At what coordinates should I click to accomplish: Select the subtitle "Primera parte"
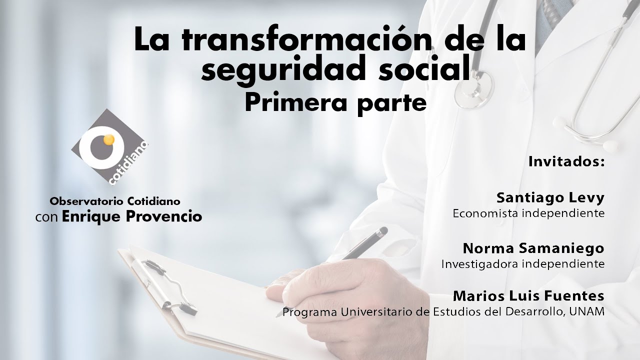pyautogui.click(x=335, y=104)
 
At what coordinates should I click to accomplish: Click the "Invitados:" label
pyautogui.click(x=566, y=161)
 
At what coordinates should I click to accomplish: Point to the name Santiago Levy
pyautogui.click(x=550, y=199)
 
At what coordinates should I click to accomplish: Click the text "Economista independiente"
pyautogui.click(x=528, y=213)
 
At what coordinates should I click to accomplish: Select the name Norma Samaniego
pyautogui.click(x=533, y=248)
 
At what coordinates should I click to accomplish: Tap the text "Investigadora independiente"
pyautogui.click(x=523, y=264)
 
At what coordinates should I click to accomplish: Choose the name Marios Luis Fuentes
pyautogui.click(x=528, y=296)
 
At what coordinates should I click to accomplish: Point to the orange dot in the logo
pyautogui.click(x=108, y=139)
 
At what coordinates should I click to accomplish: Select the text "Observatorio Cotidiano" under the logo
pyautogui.click(x=115, y=201)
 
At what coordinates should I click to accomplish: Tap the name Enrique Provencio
pyautogui.click(x=132, y=217)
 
